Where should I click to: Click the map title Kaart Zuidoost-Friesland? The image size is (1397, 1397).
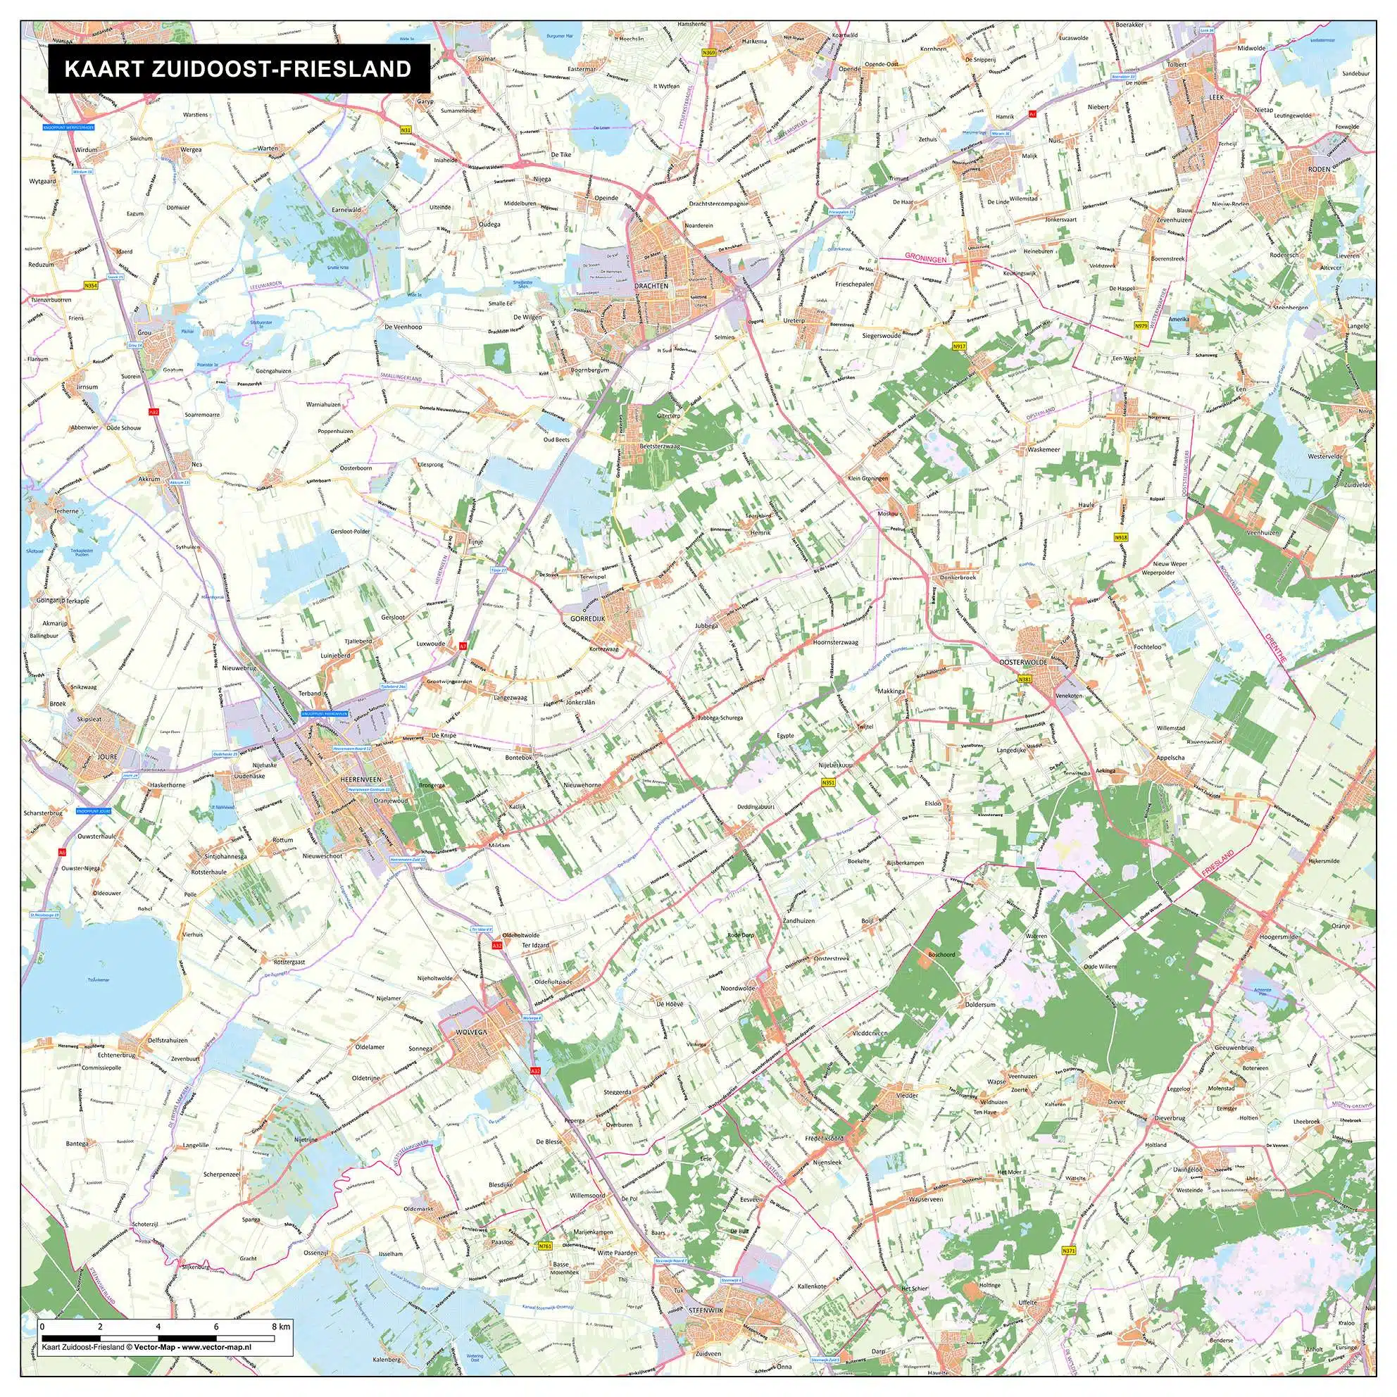click(x=238, y=69)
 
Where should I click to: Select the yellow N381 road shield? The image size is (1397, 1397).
click(x=1024, y=679)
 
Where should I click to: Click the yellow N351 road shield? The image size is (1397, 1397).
click(x=829, y=782)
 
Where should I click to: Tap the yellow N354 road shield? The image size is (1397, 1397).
click(x=91, y=287)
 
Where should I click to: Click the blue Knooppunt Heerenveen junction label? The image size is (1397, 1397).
click(x=325, y=713)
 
